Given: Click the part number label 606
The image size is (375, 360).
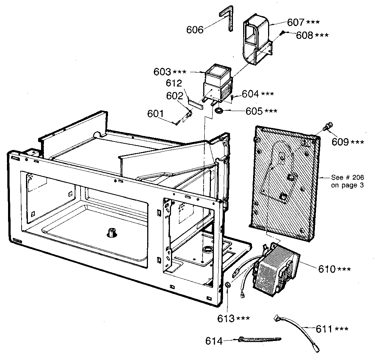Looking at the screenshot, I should click(195, 29).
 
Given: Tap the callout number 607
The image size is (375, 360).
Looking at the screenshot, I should click(296, 22).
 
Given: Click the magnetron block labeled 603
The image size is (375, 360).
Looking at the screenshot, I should click(218, 83).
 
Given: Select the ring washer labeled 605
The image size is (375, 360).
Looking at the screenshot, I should click(219, 110).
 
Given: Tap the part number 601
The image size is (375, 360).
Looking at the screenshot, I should click(155, 114).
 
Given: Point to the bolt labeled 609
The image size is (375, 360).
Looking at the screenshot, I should click(327, 127).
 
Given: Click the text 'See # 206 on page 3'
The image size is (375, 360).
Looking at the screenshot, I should click(347, 181).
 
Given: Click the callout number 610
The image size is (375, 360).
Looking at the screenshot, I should click(327, 269).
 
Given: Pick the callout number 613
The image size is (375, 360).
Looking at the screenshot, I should click(226, 319).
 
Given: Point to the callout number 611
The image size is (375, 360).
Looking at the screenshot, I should click(324, 329).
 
